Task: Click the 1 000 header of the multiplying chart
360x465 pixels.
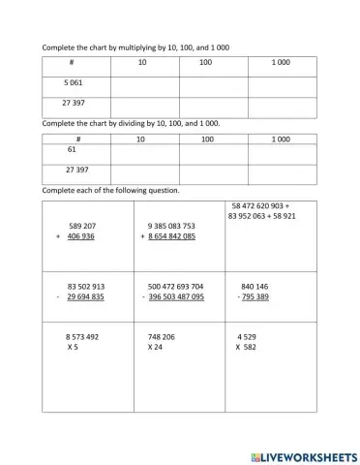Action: pyautogui.click(x=281, y=63)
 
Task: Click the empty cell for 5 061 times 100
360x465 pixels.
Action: pyautogui.click(x=213, y=84)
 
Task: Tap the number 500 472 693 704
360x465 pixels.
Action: pyautogui.click(x=175, y=287)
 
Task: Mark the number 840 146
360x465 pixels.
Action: pyautogui.click(x=255, y=287)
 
